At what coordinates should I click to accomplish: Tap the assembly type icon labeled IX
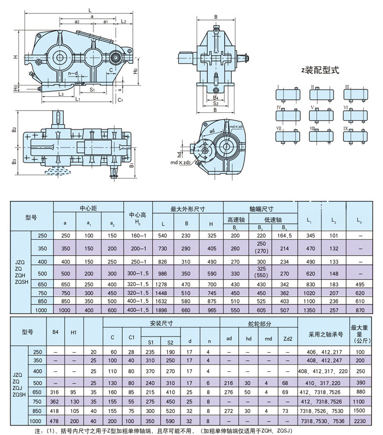pos(354,135)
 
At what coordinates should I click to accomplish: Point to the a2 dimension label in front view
pos(77,22)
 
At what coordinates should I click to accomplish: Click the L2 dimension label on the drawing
pos(123,22)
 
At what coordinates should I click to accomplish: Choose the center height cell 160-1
pos(138,236)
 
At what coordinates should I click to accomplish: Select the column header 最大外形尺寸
pos(187,210)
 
